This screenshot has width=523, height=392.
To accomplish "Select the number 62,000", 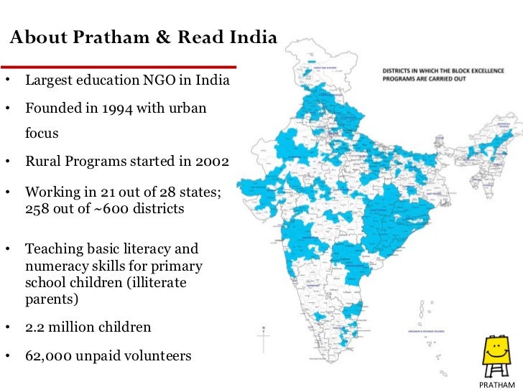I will pyautogui.click(x=48, y=355).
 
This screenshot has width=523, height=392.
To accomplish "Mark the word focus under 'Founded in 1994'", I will pyautogui.click(x=41, y=134).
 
